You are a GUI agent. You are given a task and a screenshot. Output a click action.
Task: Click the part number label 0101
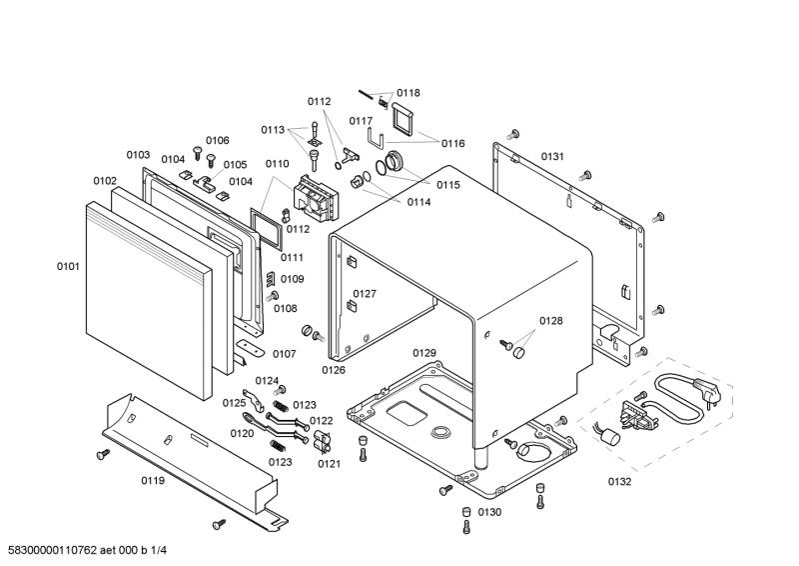coord(68,267)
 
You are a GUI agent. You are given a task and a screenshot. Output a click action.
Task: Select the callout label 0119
coord(152,481)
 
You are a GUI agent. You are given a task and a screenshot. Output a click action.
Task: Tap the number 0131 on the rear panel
coord(552,156)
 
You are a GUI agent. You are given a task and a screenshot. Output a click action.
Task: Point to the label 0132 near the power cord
coord(619,482)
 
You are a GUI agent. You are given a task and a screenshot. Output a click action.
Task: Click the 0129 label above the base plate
coord(424,353)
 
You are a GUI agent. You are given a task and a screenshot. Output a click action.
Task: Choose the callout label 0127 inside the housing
coord(365,294)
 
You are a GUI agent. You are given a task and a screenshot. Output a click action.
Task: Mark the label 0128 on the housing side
coord(551,321)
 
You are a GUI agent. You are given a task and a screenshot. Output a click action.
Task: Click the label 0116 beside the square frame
coord(453,143)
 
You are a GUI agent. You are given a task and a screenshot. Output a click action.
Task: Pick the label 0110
coord(277,163)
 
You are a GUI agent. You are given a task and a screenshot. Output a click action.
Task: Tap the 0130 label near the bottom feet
coord(489,512)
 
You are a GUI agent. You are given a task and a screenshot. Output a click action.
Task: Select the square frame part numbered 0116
coord(404,118)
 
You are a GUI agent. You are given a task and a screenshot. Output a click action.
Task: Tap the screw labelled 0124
coord(281,389)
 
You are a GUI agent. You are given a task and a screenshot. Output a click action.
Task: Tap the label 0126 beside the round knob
coord(334,370)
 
